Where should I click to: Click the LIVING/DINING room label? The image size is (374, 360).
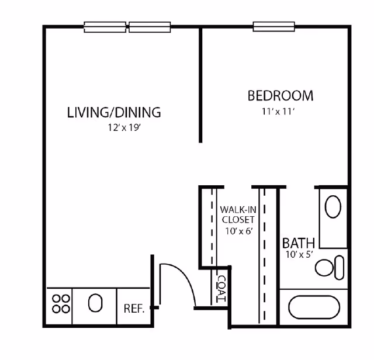pyautogui.click(x=114, y=112)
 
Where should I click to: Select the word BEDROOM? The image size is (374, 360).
pyautogui.click(x=280, y=95)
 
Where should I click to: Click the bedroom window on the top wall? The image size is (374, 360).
pyautogui.click(x=273, y=26)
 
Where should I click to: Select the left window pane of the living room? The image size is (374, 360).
pyautogui.click(x=105, y=26)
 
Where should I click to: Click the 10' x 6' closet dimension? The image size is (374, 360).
pyautogui.click(x=237, y=231)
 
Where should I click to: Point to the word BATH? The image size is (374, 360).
pyautogui.click(x=299, y=243)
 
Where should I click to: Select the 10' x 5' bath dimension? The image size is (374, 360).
pyautogui.click(x=298, y=254)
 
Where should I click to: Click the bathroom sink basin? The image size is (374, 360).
pyautogui.click(x=333, y=207)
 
